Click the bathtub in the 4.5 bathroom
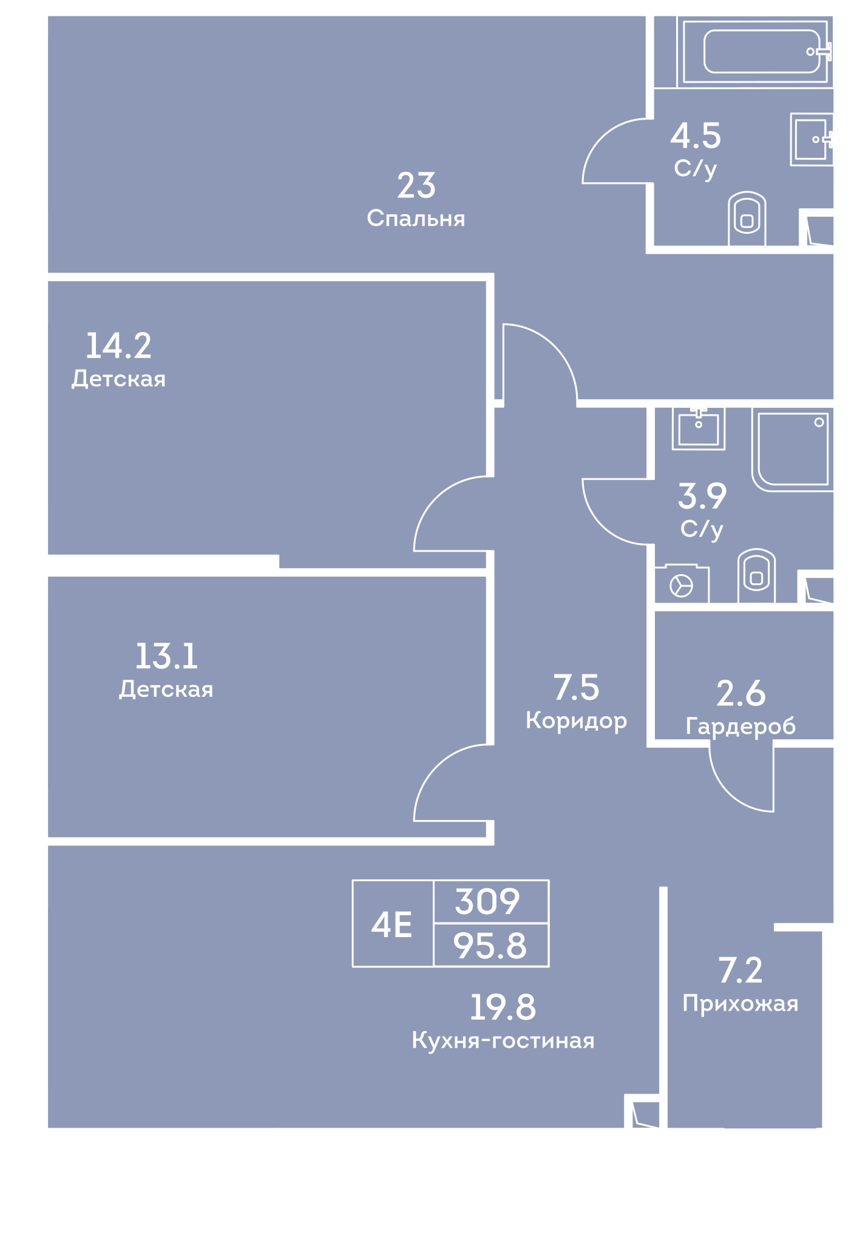(x=754, y=52)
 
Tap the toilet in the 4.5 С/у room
(x=747, y=218)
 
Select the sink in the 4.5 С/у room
(x=811, y=139)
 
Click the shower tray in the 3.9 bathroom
(x=792, y=449)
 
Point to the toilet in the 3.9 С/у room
(x=756, y=576)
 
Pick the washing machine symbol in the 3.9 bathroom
(x=682, y=584)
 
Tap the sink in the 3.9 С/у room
(x=698, y=428)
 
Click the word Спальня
(x=416, y=218)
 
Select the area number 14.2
(x=118, y=345)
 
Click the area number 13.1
(x=166, y=656)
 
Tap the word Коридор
(x=576, y=721)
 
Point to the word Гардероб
(x=740, y=726)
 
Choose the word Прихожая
(x=740, y=1003)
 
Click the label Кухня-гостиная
(x=503, y=1040)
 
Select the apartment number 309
(x=487, y=901)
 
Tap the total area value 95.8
(x=490, y=946)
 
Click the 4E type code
(x=391, y=925)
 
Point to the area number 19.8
(x=503, y=1008)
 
